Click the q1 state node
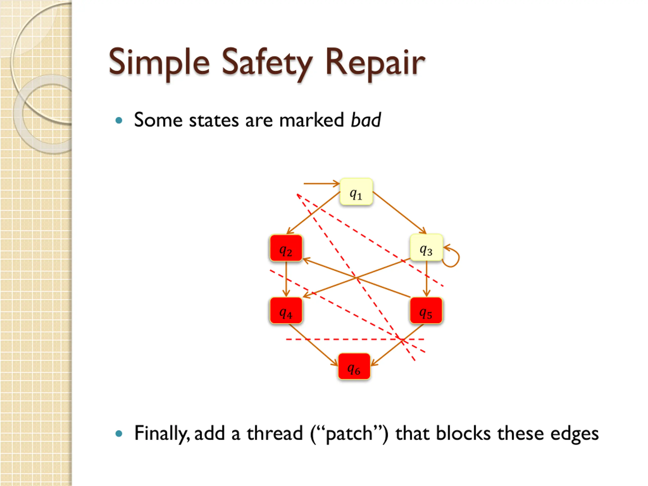click(356, 192)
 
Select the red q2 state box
click(286, 248)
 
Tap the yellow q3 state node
click(426, 248)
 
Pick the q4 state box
click(286, 311)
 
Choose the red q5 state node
click(426, 311)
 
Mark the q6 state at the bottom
click(354, 367)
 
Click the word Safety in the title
click(267, 63)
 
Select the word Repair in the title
click(375, 63)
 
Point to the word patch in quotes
click(349, 434)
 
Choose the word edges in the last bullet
click(574, 434)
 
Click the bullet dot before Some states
click(119, 120)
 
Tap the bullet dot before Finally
click(119, 434)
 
